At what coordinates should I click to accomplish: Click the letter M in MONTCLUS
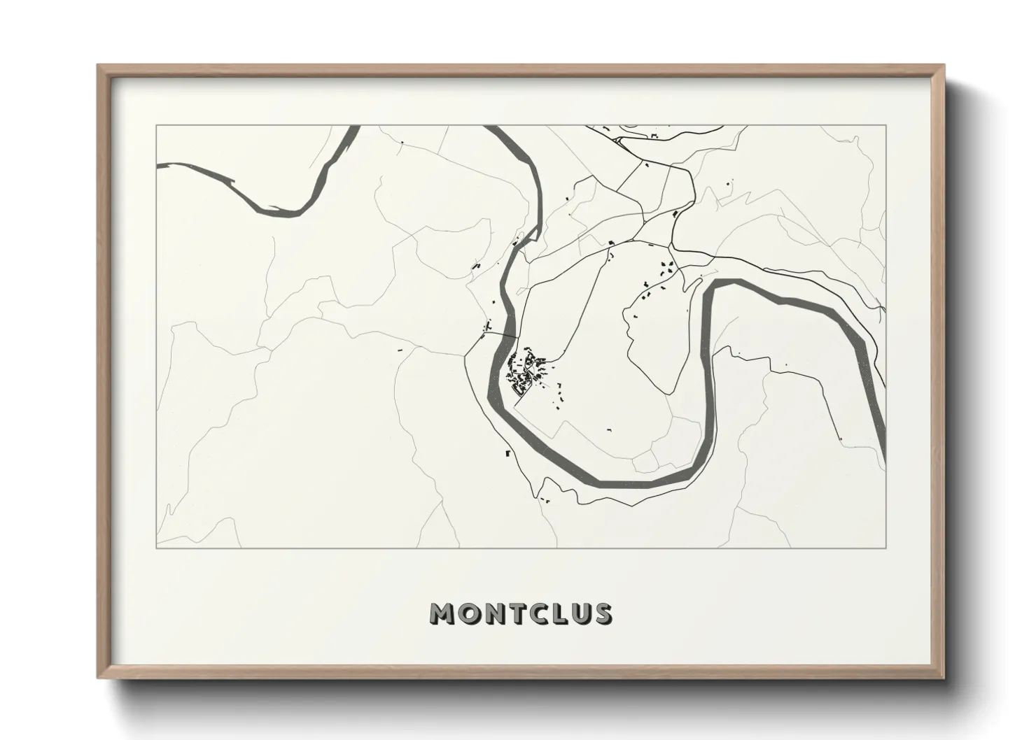(x=444, y=613)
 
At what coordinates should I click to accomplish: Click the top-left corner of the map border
(x=156, y=125)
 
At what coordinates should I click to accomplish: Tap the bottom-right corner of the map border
(x=886, y=548)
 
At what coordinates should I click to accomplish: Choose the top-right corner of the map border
(x=886, y=125)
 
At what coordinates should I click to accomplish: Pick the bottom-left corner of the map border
(x=156, y=548)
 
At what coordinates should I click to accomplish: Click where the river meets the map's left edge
(x=157, y=166)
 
